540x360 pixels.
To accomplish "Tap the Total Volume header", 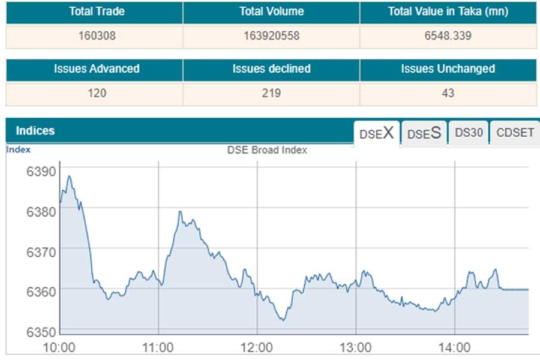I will coord(271,12).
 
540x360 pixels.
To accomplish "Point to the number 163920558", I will coord(271,36).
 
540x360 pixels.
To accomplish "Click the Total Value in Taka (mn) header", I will coord(448,12).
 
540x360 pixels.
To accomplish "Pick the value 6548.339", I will coord(448,36).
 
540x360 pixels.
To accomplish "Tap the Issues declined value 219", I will coord(271,94).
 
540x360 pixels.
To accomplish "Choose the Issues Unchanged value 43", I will coord(448,94).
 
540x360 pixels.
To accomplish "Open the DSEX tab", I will coord(376,134).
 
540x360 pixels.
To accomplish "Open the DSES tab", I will coord(424,134).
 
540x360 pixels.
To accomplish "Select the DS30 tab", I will coord(469,133).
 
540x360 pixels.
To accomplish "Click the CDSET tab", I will coord(515,133).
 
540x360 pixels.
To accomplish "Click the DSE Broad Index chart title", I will coord(267,150).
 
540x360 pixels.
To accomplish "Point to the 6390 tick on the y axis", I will coord(41,172).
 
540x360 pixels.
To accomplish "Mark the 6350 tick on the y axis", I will coord(41,331).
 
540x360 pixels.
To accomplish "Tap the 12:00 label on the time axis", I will coord(257,347).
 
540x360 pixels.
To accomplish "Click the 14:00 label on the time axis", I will coord(454,347).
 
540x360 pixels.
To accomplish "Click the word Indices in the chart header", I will coord(35,131).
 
